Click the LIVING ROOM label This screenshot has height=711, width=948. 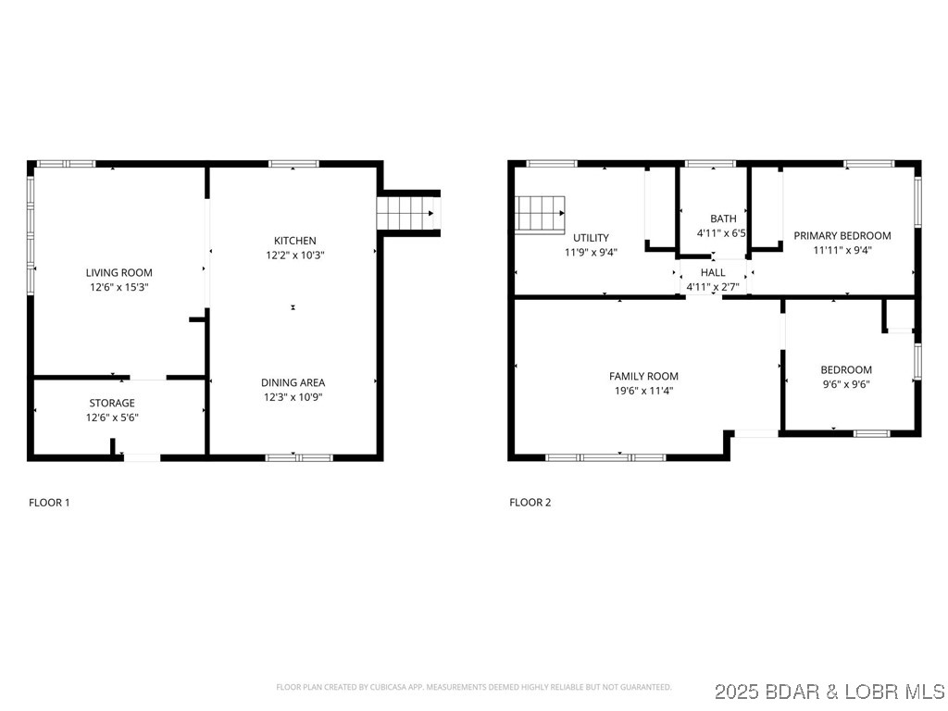pos(118,272)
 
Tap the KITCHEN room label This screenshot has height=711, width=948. pos(294,241)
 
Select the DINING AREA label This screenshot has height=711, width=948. pos(293,382)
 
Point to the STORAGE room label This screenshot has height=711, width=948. pos(112,403)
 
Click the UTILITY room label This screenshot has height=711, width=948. pos(591,238)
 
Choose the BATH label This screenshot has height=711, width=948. pos(723,218)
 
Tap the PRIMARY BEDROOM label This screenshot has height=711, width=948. pos(842,236)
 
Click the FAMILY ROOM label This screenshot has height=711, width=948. pos(643,376)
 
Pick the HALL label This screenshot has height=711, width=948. pos(713,273)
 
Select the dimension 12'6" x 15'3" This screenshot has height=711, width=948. pos(118,287)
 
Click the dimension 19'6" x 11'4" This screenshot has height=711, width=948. pos(643,391)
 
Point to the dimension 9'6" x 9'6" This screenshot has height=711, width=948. pos(845,384)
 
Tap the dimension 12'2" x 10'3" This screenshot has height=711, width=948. pos(294,255)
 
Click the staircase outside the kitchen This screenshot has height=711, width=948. pos(407,213)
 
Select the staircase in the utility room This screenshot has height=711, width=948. pos(540,215)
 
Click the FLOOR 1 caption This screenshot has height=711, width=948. pos(49,503)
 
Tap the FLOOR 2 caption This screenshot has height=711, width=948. pos(530,503)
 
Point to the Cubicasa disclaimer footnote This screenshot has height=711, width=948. pos(473,687)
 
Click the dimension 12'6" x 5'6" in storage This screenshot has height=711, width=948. pos(112,418)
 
